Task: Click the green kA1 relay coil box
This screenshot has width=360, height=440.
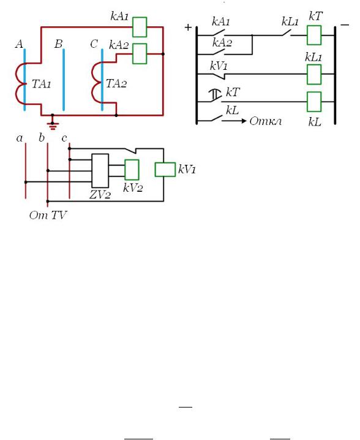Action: point(140,27)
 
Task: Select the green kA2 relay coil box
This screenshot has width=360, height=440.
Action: point(140,53)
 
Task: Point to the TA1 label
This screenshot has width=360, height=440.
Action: point(41,84)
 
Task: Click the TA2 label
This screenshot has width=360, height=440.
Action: point(116,83)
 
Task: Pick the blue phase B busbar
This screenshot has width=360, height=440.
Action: point(64,80)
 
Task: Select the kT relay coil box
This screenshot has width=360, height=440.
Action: point(314,36)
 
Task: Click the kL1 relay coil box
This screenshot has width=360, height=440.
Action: point(314,74)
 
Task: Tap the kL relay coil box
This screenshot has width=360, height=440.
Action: point(314,102)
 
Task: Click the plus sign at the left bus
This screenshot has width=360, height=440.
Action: point(188,27)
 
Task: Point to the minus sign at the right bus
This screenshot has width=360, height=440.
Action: point(345,25)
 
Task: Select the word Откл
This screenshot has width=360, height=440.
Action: point(266,121)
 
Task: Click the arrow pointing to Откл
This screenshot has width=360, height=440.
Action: point(234,121)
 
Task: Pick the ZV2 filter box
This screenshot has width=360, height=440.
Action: point(100,170)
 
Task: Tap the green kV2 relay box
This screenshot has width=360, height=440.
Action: point(132,170)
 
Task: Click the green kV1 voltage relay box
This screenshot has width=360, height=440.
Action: point(165,170)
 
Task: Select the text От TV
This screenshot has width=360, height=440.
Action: point(48,215)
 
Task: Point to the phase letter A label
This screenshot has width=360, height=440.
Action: point(19,44)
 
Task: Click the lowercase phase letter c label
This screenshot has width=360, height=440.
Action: point(64,138)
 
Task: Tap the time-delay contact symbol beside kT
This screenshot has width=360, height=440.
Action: point(216,95)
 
